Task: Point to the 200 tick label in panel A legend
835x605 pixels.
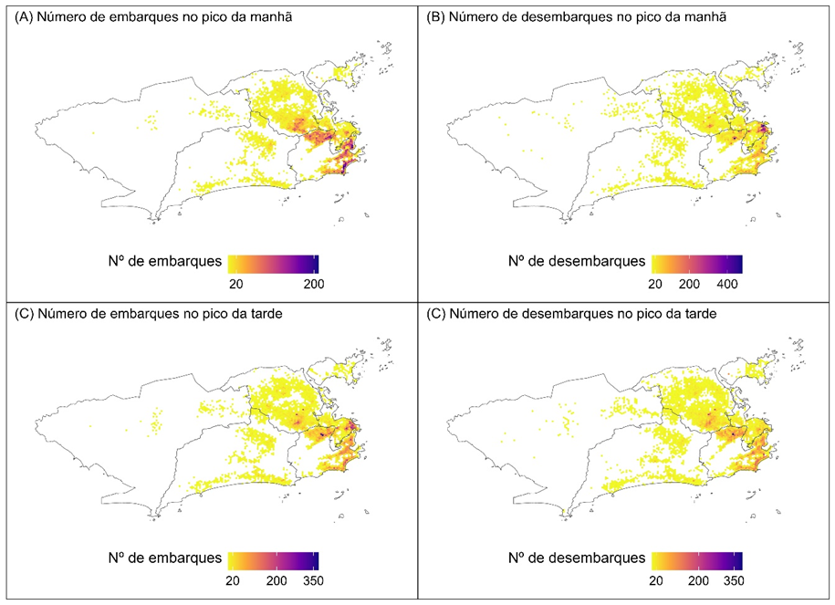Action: [314, 285]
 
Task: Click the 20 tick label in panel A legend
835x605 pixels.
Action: [235, 285]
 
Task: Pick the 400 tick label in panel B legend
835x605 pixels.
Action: [726, 285]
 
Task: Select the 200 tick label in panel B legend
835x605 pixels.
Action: [689, 285]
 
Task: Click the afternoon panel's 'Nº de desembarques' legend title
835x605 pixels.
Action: [576, 557]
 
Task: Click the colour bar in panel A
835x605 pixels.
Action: [273, 263]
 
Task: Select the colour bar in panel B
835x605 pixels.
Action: [695, 263]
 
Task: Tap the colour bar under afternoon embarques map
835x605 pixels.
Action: [273, 558]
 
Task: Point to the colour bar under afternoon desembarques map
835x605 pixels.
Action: [695, 558]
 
